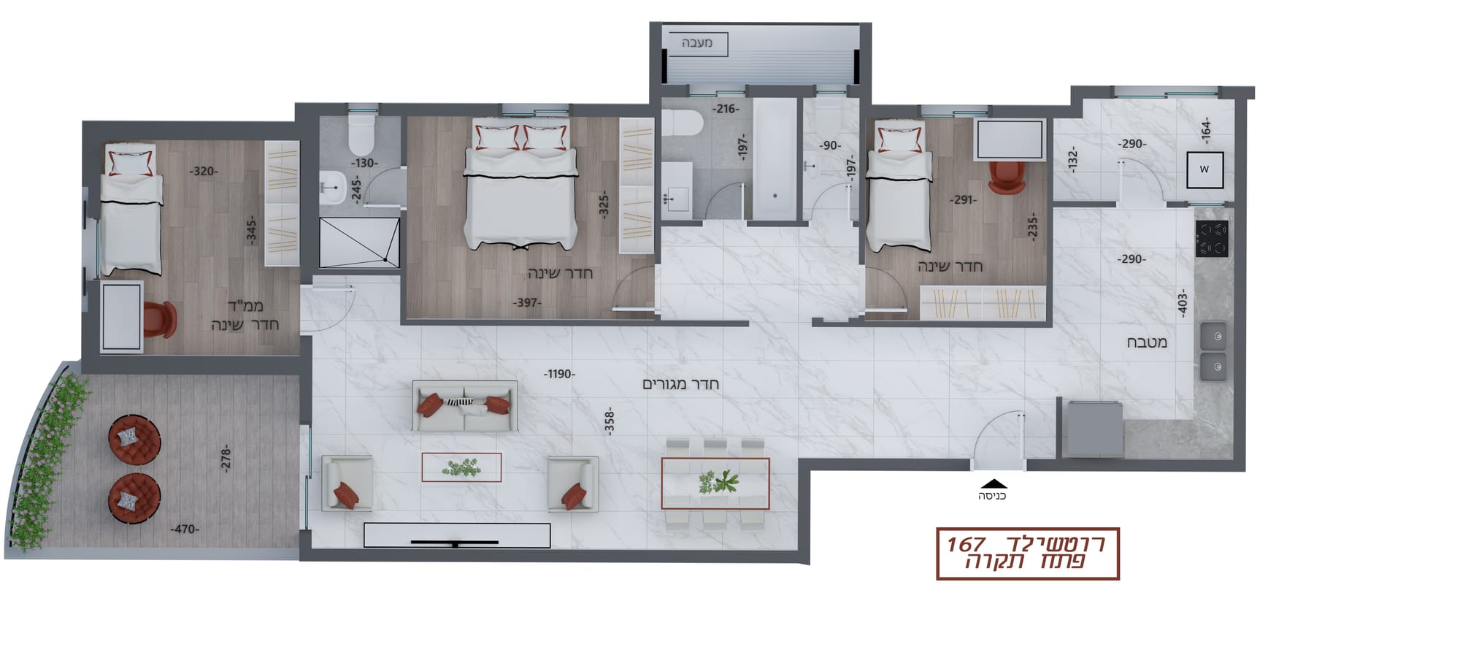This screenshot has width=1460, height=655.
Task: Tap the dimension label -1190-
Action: (559, 374)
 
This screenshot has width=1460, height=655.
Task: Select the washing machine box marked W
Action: (1204, 169)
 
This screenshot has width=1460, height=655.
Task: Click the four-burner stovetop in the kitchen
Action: (1212, 239)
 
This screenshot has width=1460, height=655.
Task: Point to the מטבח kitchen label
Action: (1147, 342)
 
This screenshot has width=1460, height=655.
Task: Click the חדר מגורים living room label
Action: (681, 384)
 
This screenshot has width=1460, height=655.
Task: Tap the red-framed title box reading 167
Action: (1028, 554)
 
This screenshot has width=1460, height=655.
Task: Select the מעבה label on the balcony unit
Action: (697, 43)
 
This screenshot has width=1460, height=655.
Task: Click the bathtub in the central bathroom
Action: (774, 159)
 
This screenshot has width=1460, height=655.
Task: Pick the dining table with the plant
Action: (715, 483)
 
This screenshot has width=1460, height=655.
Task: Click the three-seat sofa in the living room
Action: (464, 405)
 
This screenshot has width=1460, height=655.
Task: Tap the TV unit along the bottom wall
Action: (457, 535)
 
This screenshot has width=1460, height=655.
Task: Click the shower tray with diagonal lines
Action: (360, 242)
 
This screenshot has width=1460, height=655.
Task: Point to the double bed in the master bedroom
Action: (521, 185)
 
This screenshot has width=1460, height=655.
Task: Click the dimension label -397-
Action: (527, 302)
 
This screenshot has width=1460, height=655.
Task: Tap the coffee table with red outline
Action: (461, 467)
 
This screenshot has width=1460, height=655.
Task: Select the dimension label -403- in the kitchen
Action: (1182, 302)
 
